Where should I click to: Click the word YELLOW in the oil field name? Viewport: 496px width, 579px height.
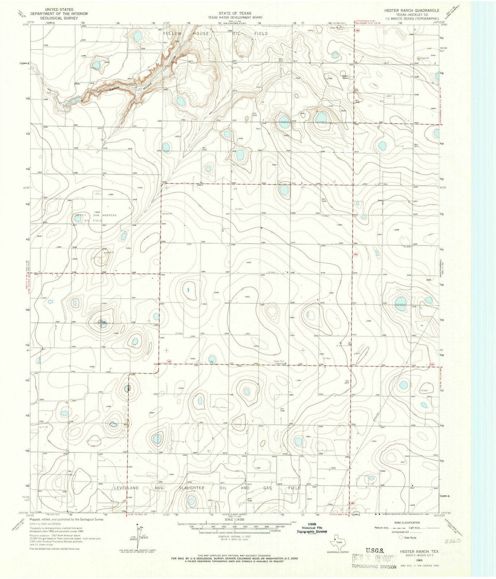point(172,34)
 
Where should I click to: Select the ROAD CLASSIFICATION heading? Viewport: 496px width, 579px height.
point(405,523)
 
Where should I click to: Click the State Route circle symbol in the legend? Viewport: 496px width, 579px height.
point(400,537)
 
